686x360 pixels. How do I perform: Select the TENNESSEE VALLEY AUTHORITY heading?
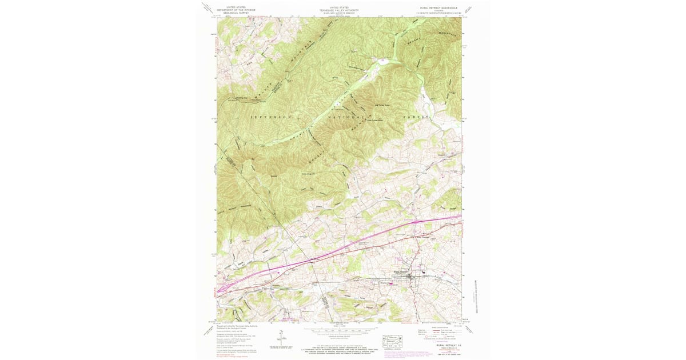click(x=339, y=10)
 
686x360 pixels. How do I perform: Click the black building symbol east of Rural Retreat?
click(x=424, y=274)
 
